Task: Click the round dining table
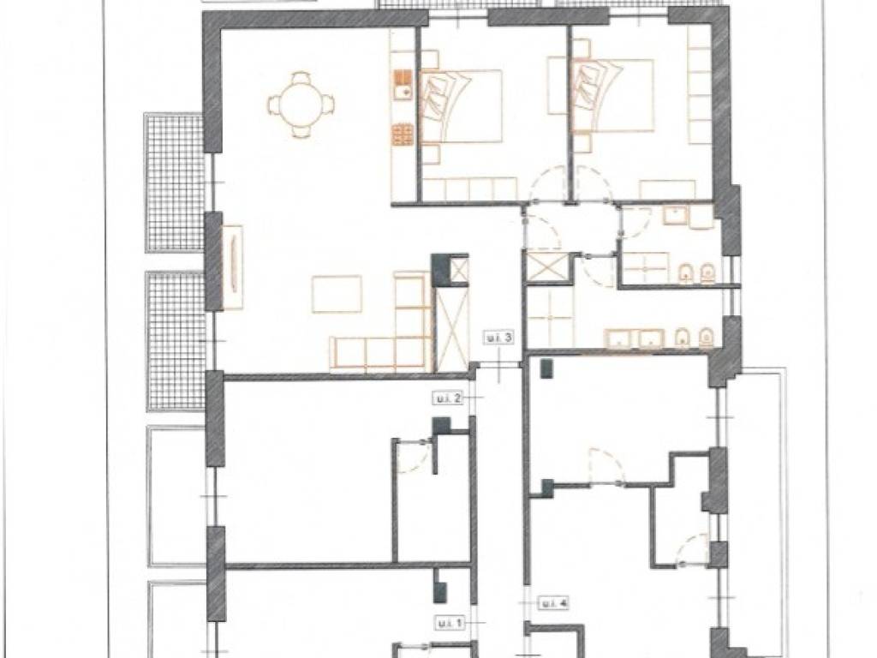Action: [301, 105]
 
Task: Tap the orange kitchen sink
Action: [402, 85]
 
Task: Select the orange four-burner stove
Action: [402, 135]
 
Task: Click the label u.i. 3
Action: [499, 338]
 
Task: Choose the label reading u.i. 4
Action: [553, 604]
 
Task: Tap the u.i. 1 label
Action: [451, 623]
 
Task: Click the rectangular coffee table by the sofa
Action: [337, 295]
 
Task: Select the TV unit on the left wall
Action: [233, 267]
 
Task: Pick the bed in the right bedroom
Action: [612, 96]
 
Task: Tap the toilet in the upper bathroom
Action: [707, 272]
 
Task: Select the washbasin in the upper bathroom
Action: [677, 215]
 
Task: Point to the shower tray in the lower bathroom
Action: [551, 317]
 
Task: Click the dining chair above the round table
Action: [301, 78]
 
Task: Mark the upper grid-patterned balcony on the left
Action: [174, 182]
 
